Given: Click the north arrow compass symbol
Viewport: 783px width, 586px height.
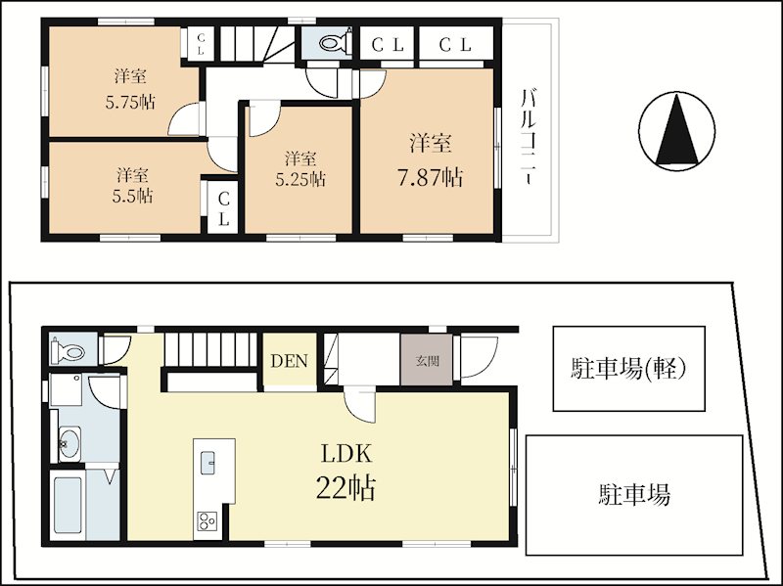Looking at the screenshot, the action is coord(676,131).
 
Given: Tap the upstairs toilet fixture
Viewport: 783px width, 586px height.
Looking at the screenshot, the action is coord(335,42).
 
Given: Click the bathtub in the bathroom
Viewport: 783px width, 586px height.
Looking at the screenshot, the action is coord(68,505).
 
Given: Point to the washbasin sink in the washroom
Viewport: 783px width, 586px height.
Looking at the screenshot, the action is coord(69,443).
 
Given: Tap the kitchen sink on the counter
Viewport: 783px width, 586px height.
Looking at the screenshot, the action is coord(207,463).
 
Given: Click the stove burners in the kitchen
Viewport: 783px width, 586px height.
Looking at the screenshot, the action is coord(207,521).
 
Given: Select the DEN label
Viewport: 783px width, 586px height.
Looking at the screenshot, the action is coord(289,361).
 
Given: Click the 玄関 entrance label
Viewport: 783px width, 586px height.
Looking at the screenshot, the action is coord(427,360).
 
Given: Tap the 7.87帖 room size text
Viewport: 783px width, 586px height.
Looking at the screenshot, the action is coord(430,177).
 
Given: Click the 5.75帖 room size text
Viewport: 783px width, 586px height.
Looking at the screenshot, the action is coord(130,103).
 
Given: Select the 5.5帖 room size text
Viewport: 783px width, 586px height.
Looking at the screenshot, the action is coord(132,196).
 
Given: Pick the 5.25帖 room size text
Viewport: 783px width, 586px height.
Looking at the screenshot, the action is coord(300,179).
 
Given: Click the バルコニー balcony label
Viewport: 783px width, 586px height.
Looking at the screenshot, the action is coord(529,137).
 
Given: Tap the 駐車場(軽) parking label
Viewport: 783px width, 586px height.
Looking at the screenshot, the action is coord(628,370).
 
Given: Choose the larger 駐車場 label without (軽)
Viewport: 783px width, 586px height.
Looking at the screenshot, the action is coord(634,494).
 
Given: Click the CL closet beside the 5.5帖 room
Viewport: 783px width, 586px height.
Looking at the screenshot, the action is coord(223,209).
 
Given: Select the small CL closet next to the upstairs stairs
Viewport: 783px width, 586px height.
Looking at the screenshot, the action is coord(201,44).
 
